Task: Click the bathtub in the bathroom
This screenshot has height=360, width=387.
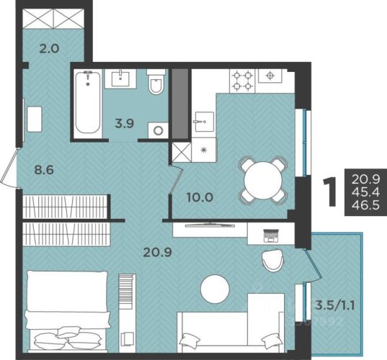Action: [x=88, y=103]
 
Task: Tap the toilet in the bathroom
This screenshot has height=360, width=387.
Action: [x=156, y=82]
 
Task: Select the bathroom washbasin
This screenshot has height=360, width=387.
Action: [x=120, y=78]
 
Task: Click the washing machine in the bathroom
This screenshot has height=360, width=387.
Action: [x=158, y=130]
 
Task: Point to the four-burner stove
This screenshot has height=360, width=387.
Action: [x=242, y=81]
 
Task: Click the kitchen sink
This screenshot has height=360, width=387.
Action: [x=205, y=121]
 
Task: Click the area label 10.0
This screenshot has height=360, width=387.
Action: [x=200, y=197]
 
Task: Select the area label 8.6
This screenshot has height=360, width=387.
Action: [x=44, y=170]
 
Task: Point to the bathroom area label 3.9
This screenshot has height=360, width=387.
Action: [x=125, y=123]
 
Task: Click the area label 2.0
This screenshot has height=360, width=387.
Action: [x=49, y=48]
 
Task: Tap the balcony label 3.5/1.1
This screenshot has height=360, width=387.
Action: [x=335, y=306]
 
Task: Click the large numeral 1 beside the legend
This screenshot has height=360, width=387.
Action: [x=330, y=192]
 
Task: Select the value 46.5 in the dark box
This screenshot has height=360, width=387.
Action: [x=366, y=205]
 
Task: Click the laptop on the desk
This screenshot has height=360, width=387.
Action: [x=271, y=235]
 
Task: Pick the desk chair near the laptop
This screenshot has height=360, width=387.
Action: [x=272, y=261]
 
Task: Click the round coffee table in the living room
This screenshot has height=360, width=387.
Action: [x=215, y=289]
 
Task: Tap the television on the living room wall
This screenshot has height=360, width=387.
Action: [x=210, y=225]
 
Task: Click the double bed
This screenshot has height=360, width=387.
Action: [x=67, y=311]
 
